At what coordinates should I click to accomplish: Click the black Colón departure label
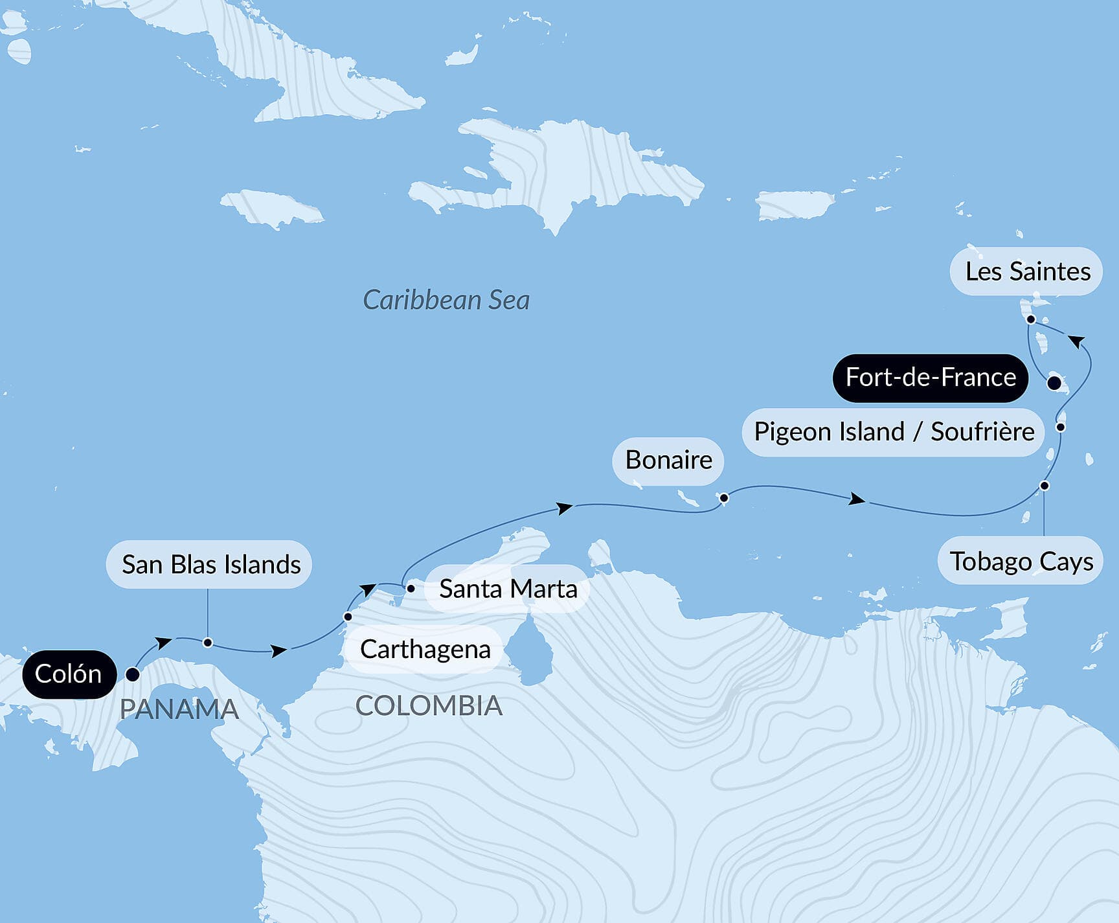click(x=69, y=674)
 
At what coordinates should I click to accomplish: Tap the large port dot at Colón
click(x=133, y=674)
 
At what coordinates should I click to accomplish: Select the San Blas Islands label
click(x=209, y=564)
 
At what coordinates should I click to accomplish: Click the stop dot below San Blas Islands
click(x=208, y=643)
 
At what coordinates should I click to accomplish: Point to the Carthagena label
click(x=424, y=649)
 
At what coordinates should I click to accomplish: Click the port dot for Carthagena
click(x=348, y=617)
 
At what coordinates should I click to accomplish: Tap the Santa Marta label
click(x=507, y=589)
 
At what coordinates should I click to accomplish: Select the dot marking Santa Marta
click(x=411, y=589)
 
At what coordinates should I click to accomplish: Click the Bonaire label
click(x=668, y=460)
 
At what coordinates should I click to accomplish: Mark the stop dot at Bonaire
click(x=724, y=498)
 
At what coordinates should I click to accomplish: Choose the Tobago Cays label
click(x=1021, y=561)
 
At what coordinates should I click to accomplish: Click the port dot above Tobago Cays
click(x=1044, y=486)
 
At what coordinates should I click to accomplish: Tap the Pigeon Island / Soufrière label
click(x=894, y=431)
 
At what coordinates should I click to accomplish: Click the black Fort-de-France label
click(x=930, y=377)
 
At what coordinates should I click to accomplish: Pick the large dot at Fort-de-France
click(x=1054, y=382)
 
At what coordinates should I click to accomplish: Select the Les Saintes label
click(x=1026, y=271)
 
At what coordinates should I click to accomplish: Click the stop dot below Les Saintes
click(x=1031, y=319)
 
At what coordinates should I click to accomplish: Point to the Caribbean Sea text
click(x=446, y=300)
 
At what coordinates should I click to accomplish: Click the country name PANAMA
click(x=179, y=709)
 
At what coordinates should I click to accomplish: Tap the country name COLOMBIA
click(x=429, y=705)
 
